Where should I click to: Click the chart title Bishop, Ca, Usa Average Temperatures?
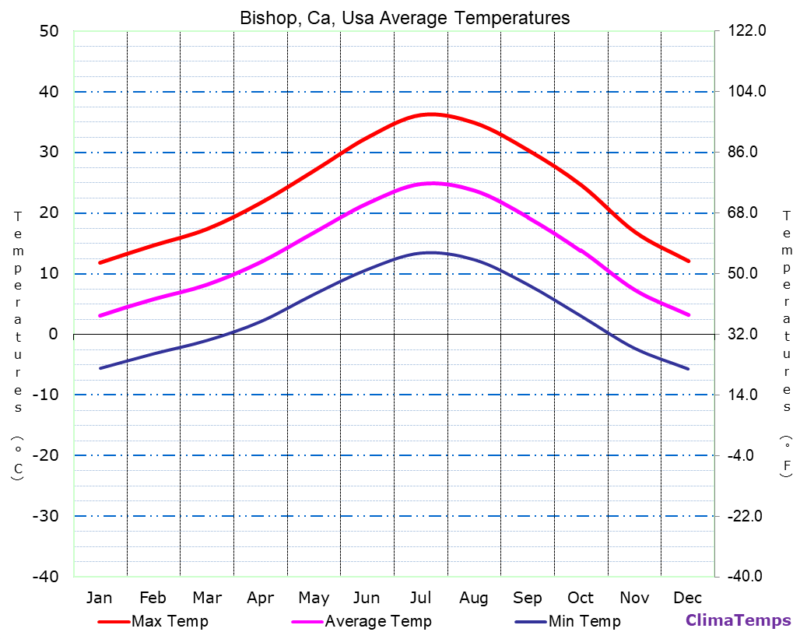405,18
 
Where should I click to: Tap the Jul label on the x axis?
420,598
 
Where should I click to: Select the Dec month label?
688,598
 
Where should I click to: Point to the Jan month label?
99,598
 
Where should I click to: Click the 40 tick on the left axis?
49,92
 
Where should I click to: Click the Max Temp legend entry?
170,621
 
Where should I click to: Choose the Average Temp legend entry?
377,621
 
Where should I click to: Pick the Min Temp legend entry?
584,621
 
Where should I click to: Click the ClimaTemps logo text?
738,620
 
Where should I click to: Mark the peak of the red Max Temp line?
431,114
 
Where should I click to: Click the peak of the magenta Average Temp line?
433,183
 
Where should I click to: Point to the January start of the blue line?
100,368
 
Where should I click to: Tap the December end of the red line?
689,261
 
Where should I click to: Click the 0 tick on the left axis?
53,335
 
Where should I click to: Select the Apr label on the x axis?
260,598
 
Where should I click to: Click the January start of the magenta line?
100,315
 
